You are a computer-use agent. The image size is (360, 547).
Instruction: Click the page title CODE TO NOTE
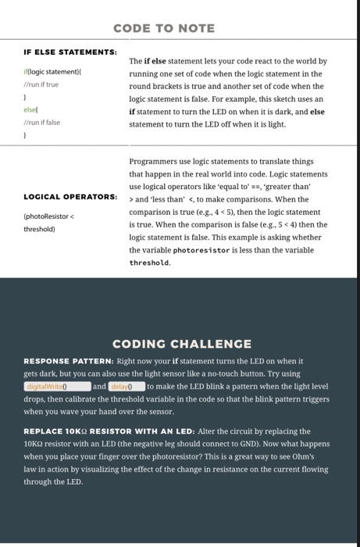[163, 28]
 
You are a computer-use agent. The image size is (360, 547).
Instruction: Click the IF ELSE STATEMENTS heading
[71, 52]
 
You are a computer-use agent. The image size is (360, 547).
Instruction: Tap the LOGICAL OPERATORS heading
[71, 195]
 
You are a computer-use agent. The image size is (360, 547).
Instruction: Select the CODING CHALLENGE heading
[182, 344]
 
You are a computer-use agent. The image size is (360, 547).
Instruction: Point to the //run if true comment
[41, 83]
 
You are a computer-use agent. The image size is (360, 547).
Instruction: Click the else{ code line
[32, 109]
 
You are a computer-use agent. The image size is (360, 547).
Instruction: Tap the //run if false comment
[41, 121]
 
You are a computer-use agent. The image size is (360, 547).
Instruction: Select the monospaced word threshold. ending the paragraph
[151, 263]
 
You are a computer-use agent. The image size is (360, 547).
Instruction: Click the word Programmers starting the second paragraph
[155, 163]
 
